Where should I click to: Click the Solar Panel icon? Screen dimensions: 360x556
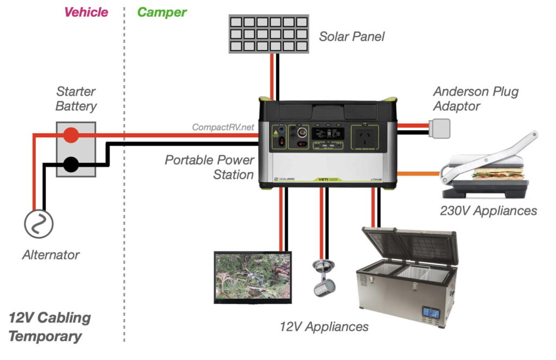[x=268, y=34]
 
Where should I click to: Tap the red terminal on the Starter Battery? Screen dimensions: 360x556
[x=70, y=135]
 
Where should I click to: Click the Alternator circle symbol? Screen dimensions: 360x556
[x=39, y=223]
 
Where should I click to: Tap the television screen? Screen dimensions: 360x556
[x=252, y=276]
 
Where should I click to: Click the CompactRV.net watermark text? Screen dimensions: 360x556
[x=223, y=128]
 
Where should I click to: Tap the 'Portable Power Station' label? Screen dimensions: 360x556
[x=210, y=167]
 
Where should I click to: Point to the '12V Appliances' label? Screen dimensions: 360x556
[x=324, y=326]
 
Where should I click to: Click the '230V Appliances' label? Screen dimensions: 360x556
[x=488, y=211]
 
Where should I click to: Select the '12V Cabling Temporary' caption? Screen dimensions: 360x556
[x=49, y=327]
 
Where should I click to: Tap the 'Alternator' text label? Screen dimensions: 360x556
[x=51, y=254]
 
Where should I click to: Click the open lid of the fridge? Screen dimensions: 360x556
[x=411, y=244]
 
